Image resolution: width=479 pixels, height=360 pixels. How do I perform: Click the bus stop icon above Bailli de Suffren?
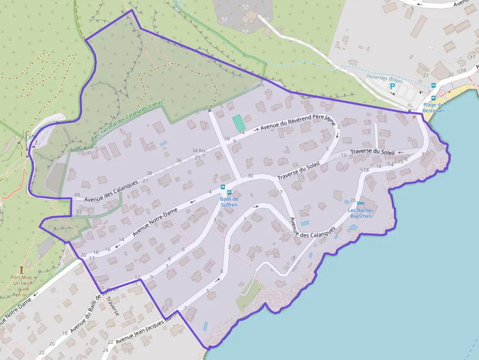[x=223, y=187]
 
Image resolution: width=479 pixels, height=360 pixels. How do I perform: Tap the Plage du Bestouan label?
[x=433, y=107]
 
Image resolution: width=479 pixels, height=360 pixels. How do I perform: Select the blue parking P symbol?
[x=392, y=86]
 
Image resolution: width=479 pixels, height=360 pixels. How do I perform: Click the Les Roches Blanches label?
[x=361, y=213]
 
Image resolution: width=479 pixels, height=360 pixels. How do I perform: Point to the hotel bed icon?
[x=361, y=203]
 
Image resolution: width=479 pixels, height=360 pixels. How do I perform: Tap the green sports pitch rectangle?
[x=238, y=123]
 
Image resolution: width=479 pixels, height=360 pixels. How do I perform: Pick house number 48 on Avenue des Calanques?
[x=77, y=195]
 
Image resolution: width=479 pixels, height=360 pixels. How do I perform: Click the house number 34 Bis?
[x=198, y=150]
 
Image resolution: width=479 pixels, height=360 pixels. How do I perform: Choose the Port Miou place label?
[x=21, y=286]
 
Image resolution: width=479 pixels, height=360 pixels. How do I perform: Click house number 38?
[x=149, y=173]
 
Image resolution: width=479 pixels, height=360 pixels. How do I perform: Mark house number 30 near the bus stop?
[x=250, y=175]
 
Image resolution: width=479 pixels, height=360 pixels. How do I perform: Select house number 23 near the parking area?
[x=426, y=75]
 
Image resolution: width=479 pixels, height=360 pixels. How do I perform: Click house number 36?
[x=178, y=160]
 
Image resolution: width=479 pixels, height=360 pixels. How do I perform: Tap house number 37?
[x=79, y=212]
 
